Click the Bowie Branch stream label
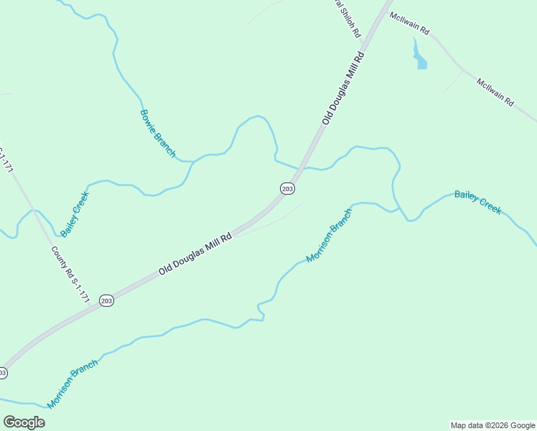click(157, 133)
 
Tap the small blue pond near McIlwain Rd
click(419, 58)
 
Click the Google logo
click(24, 422)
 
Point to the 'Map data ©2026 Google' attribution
click(492, 425)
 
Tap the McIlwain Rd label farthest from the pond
click(495, 92)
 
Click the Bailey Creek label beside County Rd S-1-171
click(75, 214)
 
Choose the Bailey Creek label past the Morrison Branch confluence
click(477, 202)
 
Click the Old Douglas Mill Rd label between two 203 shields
click(195, 254)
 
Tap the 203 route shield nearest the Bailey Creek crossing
click(287, 188)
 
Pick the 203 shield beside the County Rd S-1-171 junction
click(106, 300)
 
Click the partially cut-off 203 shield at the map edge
click(2, 373)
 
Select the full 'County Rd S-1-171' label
click(70, 275)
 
